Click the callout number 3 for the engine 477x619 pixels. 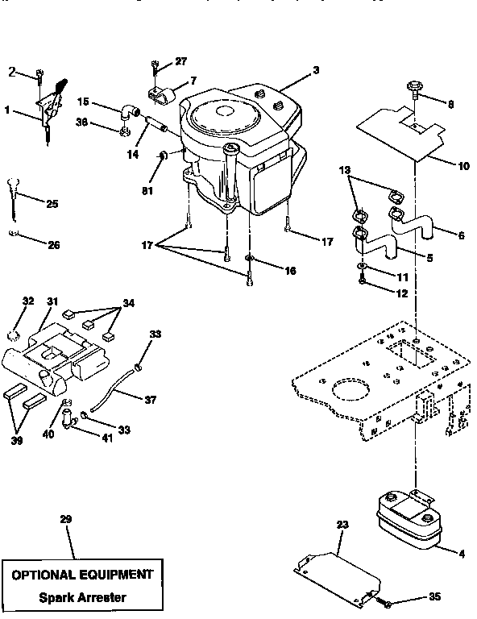pyautogui.click(x=316, y=71)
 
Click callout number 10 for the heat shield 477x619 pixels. pyautogui.click(x=462, y=167)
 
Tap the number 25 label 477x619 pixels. pyautogui.click(x=52, y=205)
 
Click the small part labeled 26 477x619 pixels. pyautogui.click(x=12, y=234)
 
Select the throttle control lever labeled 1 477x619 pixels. pyautogui.click(x=48, y=105)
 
